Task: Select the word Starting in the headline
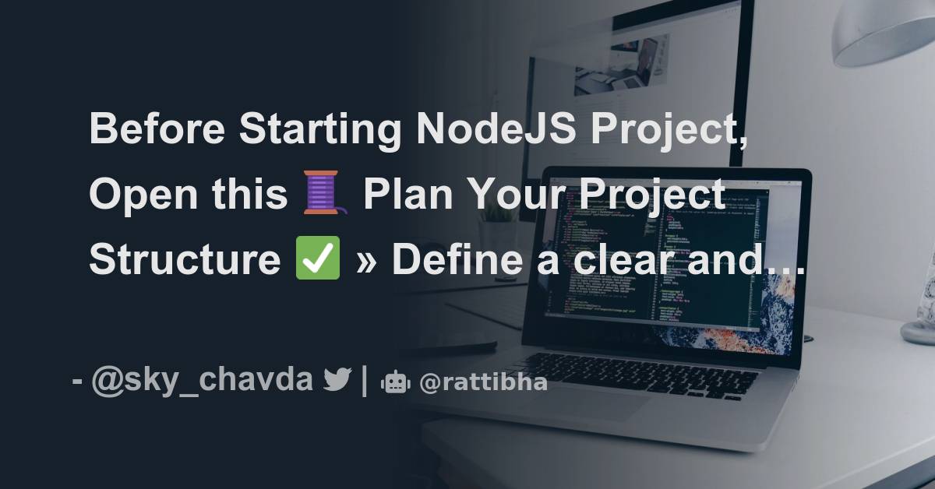click(321, 129)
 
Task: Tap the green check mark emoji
click(318, 259)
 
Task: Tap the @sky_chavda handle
click(202, 381)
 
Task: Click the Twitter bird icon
click(337, 381)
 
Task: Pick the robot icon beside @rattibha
click(395, 382)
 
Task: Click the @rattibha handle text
click(483, 382)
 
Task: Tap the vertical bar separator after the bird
click(365, 382)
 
